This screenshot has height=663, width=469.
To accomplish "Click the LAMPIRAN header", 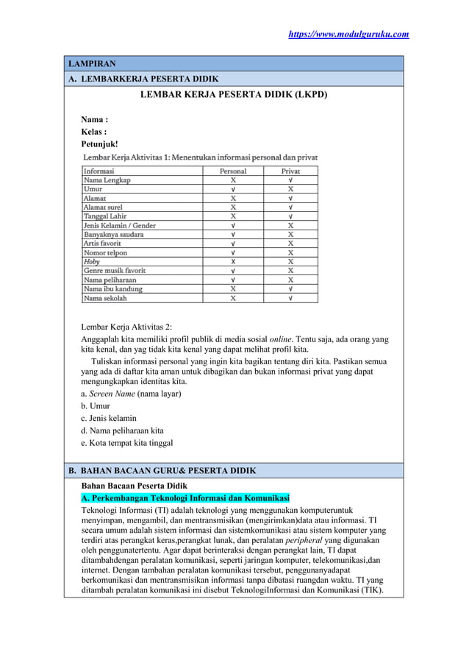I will pyautogui.click(x=93, y=64).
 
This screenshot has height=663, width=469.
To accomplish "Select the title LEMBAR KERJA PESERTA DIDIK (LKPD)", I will pyautogui.click(x=234, y=95).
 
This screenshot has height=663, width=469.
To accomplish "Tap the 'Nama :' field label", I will pyautogui.click(x=95, y=119).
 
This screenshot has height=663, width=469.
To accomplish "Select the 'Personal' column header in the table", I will pyautogui.click(x=233, y=171).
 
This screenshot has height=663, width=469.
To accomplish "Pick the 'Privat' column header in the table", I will pyautogui.click(x=290, y=171).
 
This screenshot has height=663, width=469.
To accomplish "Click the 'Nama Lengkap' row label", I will pyautogui.click(x=107, y=180).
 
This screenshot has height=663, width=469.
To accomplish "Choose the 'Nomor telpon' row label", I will pyautogui.click(x=106, y=252).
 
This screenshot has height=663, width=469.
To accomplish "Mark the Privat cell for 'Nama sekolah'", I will pyautogui.click(x=290, y=298).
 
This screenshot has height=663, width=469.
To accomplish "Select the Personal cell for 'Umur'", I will pyautogui.click(x=233, y=189).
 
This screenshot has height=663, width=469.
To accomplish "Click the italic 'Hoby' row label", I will pyautogui.click(x=92, y=261).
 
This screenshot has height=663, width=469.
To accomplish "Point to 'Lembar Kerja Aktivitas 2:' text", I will pyautogui.click(x=126, y=327).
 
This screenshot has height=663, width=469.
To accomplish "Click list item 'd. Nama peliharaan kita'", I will pyautogui.click(x=122, y=430).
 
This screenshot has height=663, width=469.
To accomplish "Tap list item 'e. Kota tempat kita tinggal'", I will pyautogui.click(x=126, y=443).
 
